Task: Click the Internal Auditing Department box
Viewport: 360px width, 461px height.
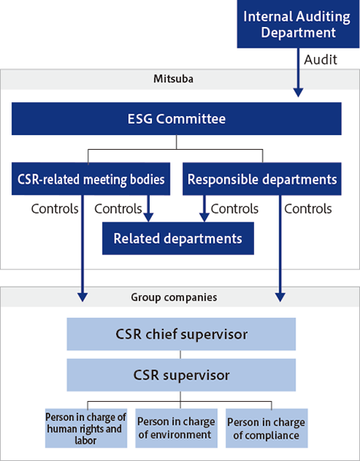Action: (298, 24)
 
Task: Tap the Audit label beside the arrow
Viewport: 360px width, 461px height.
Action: (320, 60)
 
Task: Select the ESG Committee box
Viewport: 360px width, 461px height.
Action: (177, 119)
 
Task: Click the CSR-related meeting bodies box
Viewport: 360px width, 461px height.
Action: (91, 179)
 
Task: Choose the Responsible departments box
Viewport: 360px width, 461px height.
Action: (262, 179)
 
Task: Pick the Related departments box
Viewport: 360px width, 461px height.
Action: (178, 238)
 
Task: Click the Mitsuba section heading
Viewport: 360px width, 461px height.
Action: (173, 79)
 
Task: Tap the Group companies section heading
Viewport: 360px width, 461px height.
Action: (173, 297)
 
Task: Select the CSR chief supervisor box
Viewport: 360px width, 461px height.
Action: (181, 334)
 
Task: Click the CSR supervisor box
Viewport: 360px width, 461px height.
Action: (181, 375)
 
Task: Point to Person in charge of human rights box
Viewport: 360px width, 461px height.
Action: (86, 428)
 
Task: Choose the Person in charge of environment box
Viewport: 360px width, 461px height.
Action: (177, 428)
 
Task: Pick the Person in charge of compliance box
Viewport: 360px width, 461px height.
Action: (266, 428)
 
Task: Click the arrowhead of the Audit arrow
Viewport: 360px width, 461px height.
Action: (298, 93)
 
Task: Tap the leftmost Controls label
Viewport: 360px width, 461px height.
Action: (54, 209)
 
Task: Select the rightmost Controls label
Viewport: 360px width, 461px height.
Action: (308, 209)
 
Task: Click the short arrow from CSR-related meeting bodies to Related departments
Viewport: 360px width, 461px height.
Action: (148, 208)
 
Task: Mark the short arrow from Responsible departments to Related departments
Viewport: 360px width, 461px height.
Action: (204, 208)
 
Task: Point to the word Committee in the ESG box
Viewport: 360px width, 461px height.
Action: (191, 119)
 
